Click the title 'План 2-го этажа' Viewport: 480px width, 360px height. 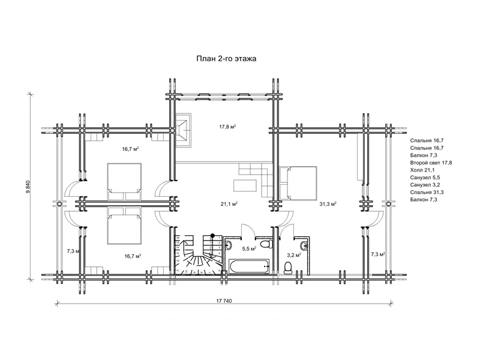click(x=226, y=58)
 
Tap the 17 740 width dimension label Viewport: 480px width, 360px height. click(x=224, y=301)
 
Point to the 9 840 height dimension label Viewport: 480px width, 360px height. click(x=28, y=187)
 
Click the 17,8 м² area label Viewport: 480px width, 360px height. click(x=227, y=127)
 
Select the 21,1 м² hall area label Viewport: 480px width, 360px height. click(x=229, y=203)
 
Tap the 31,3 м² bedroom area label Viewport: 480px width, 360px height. click(x=328, y=203)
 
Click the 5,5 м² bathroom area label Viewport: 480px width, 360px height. click(x=249, y=248)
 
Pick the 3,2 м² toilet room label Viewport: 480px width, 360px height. click(x=294, y=254)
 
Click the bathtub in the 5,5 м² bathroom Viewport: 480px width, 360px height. click(x=248, y=266)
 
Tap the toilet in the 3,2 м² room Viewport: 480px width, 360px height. click(x=289, y=268)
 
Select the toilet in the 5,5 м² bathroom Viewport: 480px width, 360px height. click(x=267, y=244)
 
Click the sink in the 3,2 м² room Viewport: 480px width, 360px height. click(x=304, y=245)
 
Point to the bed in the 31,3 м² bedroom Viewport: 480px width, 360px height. click(x=298, y=183)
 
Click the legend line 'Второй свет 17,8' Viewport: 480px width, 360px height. click(x=431, y=163)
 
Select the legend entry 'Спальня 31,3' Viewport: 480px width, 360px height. click(x=427, y=192)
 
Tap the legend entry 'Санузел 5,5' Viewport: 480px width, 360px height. click(x=425, y=178)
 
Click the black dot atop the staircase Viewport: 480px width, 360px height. click(x=212, y=236)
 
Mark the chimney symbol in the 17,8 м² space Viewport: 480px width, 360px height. click(x=184, y=130)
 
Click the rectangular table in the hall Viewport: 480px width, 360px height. click(x=245, y=186)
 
